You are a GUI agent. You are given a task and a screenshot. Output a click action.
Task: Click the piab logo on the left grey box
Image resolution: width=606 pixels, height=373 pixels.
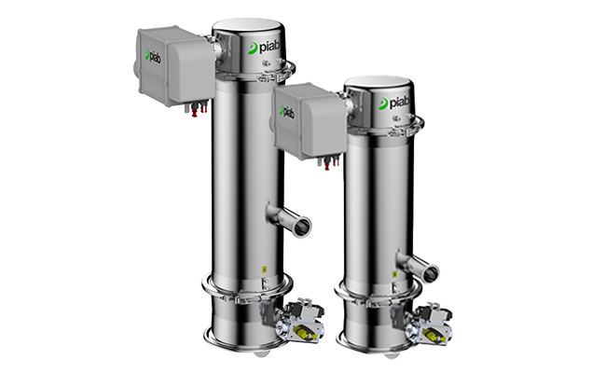coord(153,57)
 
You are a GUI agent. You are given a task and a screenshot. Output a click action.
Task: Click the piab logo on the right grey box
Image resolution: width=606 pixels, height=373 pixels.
coord(287,112)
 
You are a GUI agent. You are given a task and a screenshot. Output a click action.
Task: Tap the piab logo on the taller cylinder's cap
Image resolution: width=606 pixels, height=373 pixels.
coord(265,48)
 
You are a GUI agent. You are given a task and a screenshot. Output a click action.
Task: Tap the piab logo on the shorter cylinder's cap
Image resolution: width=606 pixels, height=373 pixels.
coord(393,103)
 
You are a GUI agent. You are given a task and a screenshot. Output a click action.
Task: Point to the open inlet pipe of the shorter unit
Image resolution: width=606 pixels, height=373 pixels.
coord(419,266)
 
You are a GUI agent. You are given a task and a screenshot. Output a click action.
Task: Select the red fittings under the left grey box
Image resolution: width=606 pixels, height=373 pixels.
coord(199,108)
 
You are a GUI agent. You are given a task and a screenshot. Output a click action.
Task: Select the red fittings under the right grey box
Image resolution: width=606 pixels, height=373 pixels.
coord(331,162)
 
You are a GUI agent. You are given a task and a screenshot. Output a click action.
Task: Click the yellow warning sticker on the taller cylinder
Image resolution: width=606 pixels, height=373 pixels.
coord(265,269)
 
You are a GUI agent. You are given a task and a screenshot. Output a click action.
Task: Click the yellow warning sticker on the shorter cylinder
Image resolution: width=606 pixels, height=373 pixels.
coord(394,274)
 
